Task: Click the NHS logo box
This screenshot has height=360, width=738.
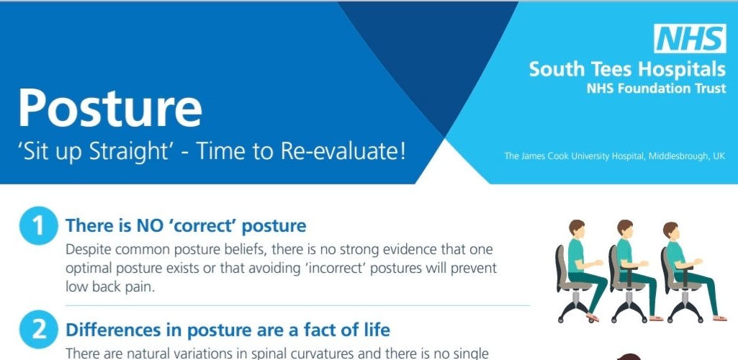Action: [690, 39]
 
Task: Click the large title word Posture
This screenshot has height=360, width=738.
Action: [111, 107]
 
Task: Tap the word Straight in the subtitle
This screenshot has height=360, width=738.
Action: [145, 153]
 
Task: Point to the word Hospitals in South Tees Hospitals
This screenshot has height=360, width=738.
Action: [681, 69]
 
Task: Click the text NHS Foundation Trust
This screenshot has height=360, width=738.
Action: [656, 88]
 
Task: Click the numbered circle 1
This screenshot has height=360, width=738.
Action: [39, 226]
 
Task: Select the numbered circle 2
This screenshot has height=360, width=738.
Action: [39, 330]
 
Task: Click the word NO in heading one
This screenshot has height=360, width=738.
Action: [143, 226]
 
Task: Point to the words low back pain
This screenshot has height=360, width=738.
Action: [110, 287]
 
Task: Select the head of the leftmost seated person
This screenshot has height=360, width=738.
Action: [577, 229]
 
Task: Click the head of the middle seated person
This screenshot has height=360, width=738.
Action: [625, 229]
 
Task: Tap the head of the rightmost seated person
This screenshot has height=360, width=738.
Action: [671, 230]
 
